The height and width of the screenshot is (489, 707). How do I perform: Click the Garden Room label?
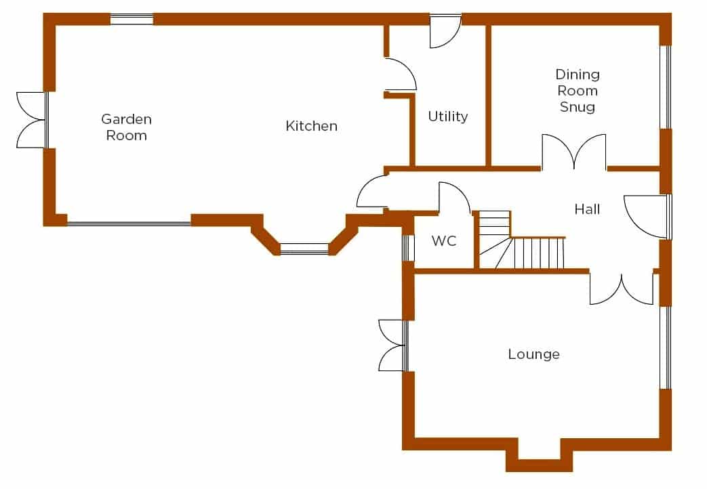tap(126, 127)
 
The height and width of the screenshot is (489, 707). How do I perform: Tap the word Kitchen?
tap(312, 126)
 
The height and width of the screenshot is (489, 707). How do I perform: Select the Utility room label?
tap(448, 116)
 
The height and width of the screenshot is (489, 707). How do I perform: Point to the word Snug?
tap(577, 107)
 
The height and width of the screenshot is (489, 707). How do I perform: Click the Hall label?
tap(587, 209)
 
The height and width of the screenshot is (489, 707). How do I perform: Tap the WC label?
tap(444, 240)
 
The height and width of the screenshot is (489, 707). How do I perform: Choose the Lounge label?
tap(534, 354)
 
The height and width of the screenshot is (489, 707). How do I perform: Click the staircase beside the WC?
tap(521, 240)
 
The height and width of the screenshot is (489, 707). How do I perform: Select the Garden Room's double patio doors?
tap(32, 120)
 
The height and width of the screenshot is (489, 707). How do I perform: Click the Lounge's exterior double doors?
tap(393, 345)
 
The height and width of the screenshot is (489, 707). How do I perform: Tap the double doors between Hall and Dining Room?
tap(574, 152)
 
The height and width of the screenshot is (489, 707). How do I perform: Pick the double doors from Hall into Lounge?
tap(622, 289)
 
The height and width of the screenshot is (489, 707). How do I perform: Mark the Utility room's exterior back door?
tap(445, 32)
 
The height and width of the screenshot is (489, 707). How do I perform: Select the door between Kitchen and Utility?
tap(401, 75)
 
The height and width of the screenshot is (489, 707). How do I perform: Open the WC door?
tap(454, 197)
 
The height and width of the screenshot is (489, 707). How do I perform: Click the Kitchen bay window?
tap(304, 249)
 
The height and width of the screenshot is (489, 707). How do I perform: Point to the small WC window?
tap(407, 247)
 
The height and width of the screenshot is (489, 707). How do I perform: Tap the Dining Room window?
tap(666, 87)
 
